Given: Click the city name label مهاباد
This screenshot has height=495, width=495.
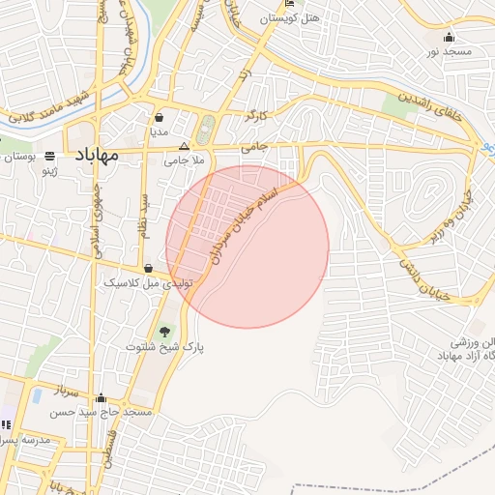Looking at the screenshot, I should click(x=94, y=155).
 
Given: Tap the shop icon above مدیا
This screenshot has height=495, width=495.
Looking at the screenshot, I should click(x=159, y=117).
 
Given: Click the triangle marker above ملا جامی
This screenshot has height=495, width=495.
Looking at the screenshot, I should click(x=184, y=146).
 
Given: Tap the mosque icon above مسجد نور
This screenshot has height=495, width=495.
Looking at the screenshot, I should click(x=448, y=37).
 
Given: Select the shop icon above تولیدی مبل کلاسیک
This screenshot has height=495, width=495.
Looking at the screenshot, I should click(x=148, y=268).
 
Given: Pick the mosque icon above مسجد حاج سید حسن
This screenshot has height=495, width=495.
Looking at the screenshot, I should click(x=102, y=397).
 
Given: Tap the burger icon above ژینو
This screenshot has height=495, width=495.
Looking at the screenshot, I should click(x=49, y=156).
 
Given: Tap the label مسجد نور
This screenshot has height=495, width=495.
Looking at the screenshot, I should click(x=448, y=50).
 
